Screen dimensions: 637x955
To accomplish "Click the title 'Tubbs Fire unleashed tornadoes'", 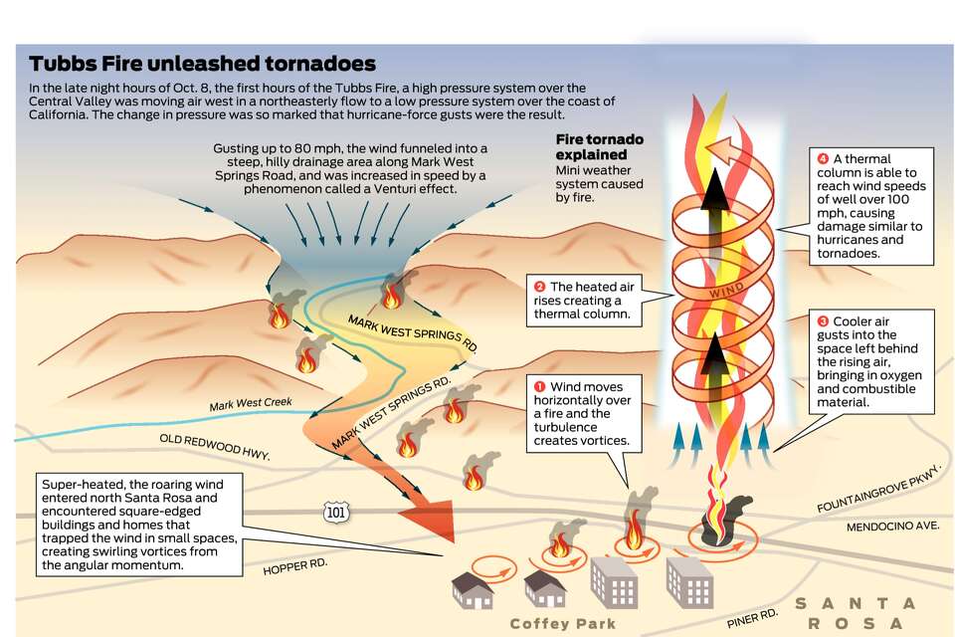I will pos(202,64).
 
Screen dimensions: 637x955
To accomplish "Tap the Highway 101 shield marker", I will pos(335,512).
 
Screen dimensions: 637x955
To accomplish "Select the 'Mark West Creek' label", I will pos(251,405).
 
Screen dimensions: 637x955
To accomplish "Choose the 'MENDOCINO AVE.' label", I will pos(892,527).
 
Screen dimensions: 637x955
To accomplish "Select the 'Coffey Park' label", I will pos(562,624).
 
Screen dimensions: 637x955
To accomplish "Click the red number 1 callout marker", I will pos(540,386).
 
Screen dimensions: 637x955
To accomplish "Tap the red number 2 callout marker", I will pos(540,287).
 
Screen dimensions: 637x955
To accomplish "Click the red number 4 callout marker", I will pos(823,159).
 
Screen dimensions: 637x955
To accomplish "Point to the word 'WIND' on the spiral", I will pos(725,295).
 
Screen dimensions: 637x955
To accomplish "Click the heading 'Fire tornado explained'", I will pos(599,147).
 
